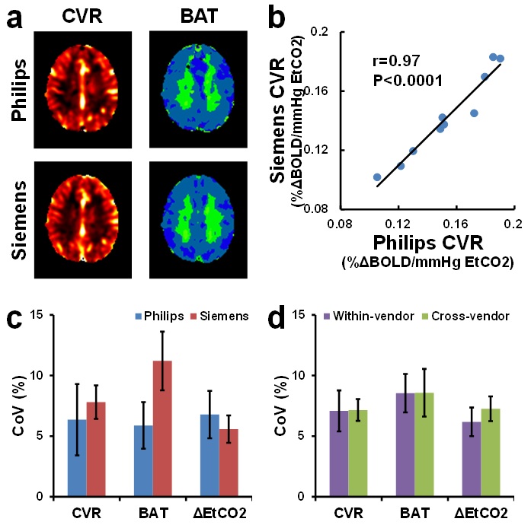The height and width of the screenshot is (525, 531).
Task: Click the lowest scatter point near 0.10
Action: [x=377, y=177]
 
